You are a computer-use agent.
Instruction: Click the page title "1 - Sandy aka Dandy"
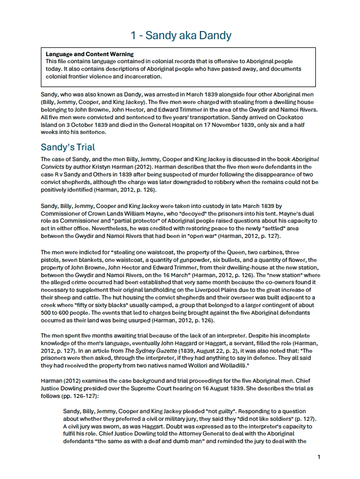tap(180, 35)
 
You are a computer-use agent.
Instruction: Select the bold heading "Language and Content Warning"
tap(89, 54)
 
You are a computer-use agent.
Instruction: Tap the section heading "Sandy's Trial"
tap(68, 147)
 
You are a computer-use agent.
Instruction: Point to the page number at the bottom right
tap(319, 457)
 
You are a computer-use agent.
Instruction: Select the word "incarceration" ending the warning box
tap(153, 77)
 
